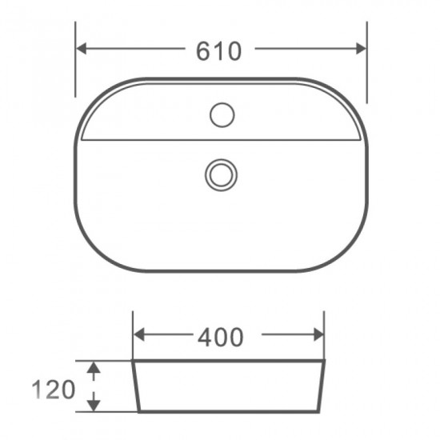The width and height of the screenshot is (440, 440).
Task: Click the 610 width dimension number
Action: point(219,50)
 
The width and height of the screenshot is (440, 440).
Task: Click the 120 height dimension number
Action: point(54,390)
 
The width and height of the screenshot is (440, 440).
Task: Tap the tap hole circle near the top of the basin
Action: point(222,115)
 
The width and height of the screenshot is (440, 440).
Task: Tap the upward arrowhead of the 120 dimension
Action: point(94,368)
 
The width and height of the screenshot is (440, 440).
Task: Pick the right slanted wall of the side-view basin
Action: point(322,386)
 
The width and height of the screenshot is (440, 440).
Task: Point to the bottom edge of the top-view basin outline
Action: point(222,271)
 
